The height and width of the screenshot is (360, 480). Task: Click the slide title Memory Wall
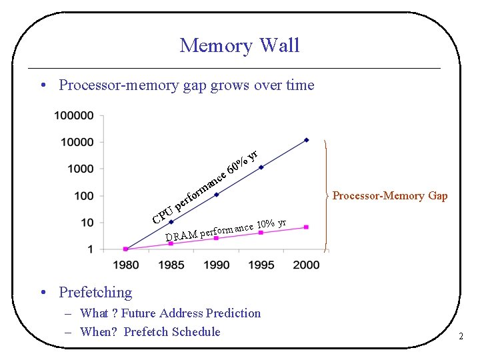239,45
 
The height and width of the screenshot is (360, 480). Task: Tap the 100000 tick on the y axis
75,115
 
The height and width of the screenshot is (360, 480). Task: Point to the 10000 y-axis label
77,142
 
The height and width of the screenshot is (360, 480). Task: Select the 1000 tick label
81,169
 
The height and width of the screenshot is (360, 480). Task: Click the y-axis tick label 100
84,195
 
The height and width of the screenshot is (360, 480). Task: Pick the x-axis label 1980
126,265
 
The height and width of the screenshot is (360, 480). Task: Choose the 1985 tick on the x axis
171,265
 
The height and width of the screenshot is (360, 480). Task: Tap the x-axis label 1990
216,265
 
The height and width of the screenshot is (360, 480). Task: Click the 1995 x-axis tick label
261,265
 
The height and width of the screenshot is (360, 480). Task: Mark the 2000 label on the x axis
307,265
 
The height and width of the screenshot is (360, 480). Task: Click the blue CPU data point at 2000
307,140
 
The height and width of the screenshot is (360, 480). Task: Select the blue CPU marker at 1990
216,195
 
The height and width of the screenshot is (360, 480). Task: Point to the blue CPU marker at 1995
261,167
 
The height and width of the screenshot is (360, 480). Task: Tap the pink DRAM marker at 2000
307,227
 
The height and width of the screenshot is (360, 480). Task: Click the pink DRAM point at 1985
171,243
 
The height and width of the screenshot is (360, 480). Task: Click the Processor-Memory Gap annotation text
390,196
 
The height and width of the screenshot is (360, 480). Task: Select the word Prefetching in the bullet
95,292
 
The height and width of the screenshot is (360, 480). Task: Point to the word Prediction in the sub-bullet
233,313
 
